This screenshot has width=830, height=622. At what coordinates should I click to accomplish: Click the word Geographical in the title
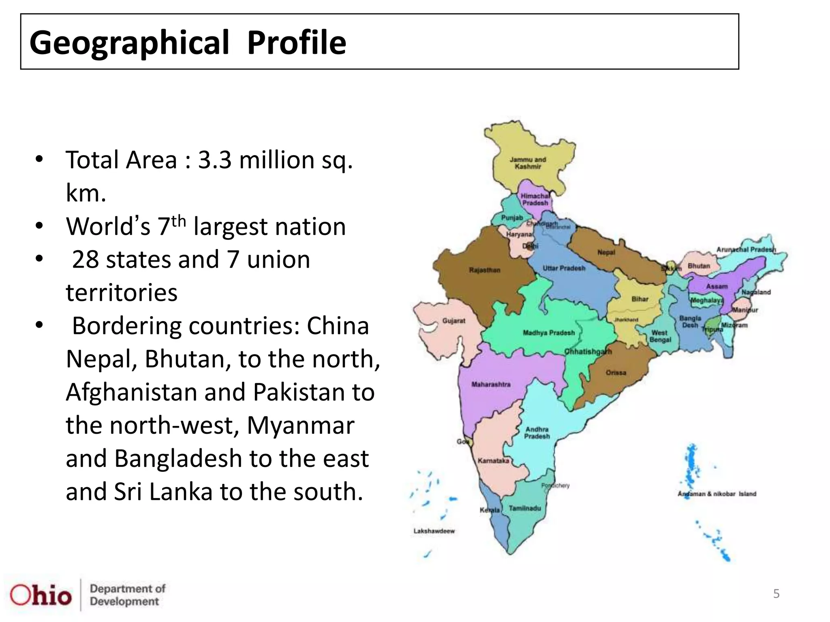pos(129,43)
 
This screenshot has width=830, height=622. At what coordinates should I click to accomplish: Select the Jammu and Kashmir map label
pos(528,163)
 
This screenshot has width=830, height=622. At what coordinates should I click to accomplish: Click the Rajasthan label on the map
pos(485,270)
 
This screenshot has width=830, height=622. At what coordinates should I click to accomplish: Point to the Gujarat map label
pos(454,321)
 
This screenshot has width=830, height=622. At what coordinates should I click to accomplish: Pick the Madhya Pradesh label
pos(549,333)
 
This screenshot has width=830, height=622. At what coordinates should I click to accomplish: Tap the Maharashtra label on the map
pos(491,384)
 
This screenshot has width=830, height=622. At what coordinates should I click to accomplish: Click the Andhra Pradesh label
pos(537,433)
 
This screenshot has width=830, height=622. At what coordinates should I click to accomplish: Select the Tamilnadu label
pos(525,508)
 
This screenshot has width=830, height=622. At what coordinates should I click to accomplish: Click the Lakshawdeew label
pos(434,531)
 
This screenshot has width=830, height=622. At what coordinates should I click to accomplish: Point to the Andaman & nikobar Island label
pos(717,494)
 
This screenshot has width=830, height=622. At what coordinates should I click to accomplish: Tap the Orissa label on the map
pos(616,373)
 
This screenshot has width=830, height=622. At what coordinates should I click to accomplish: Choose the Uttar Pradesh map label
pos(564,268)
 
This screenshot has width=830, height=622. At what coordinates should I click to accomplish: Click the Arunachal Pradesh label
pos(746,249)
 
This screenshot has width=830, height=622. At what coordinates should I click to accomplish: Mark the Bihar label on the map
pos(640,299)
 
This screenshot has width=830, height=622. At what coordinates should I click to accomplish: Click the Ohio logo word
pos(41,595)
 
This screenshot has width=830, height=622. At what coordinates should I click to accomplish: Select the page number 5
pos(776,594)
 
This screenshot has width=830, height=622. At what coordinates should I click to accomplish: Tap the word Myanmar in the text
pos(300,426)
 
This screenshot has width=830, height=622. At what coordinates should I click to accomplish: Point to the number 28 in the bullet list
pos(85,260)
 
